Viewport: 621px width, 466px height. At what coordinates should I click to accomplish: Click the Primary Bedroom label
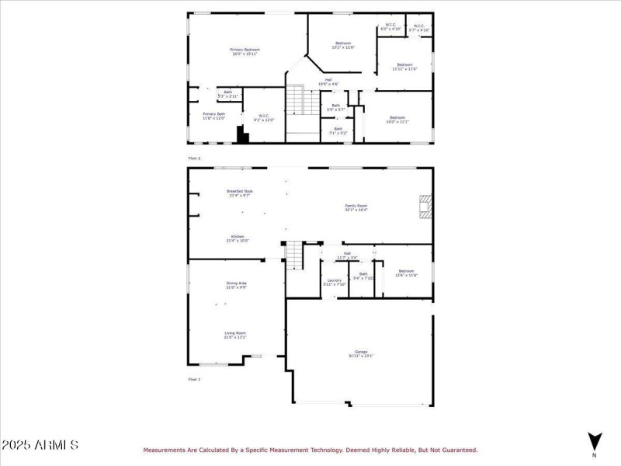245,52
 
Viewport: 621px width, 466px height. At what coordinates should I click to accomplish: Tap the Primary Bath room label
213,116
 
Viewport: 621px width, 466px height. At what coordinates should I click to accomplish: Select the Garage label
359,354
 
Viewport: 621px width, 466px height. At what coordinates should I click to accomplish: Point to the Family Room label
356,207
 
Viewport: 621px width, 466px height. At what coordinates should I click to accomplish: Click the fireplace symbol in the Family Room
424,207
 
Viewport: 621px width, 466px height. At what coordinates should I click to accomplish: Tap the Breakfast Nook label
240,193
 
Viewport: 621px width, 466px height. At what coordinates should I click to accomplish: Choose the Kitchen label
237,238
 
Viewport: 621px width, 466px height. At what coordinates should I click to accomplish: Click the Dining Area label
236,285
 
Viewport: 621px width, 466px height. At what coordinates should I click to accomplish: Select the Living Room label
235,335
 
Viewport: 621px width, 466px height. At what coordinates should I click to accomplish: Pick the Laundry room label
335,282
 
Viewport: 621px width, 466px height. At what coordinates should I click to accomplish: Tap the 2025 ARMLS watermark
40,445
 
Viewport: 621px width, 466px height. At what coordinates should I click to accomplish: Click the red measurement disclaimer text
310,450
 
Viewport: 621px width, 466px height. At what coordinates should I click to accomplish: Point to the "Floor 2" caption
194,158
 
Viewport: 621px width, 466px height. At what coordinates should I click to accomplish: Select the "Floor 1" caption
194,379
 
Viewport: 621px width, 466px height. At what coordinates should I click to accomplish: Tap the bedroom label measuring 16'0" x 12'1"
397,119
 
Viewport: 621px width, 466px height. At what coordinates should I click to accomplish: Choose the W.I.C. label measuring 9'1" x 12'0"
264,117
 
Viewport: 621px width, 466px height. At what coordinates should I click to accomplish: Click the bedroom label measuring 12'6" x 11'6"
406,273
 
